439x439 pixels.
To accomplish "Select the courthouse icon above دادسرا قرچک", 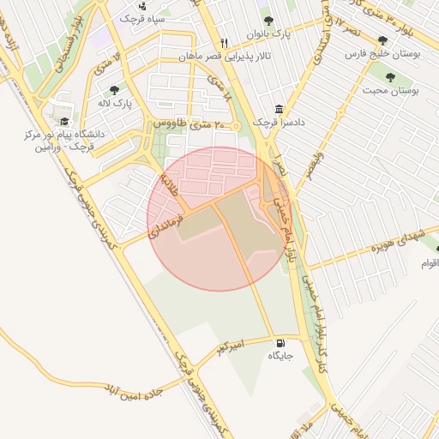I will [x=279, y=110].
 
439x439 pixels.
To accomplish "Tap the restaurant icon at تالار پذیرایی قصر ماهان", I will [x=225, y=42].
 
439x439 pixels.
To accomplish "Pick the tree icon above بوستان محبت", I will [x=390, y=77].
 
